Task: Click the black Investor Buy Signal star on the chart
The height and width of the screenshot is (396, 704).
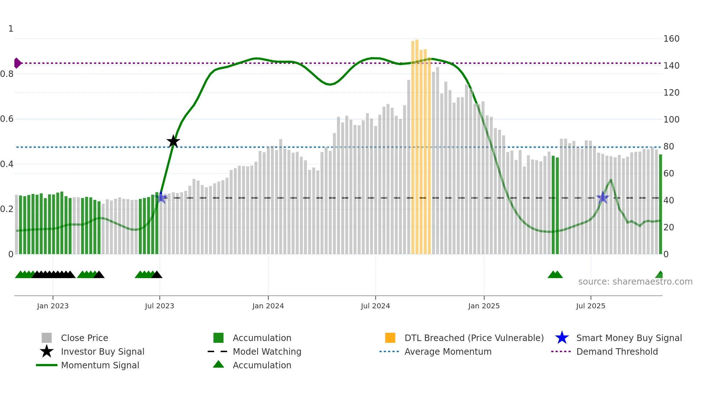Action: pos(173,142)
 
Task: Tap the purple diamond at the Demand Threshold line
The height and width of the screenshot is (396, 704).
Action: pos(17,63)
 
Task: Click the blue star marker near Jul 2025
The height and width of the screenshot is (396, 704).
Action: pos(602,198)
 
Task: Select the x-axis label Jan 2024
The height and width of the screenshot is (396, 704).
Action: pos(268,306)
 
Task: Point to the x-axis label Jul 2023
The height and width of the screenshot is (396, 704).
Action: pos(159,306)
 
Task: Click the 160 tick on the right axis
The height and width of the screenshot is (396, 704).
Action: pos(671,38)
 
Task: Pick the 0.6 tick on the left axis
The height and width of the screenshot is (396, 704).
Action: pos(7,119)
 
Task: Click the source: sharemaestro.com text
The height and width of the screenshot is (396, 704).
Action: pos(635,282)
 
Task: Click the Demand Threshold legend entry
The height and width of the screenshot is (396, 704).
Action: pos(617,351)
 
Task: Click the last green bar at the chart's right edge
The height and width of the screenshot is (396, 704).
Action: pos(660,205)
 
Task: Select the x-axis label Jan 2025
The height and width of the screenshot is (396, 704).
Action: pos(484,306)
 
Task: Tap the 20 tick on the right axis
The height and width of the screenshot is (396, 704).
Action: pos(668,227)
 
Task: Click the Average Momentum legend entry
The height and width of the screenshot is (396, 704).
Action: pos(448,351)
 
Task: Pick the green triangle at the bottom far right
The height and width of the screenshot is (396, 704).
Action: pos(659,275)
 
